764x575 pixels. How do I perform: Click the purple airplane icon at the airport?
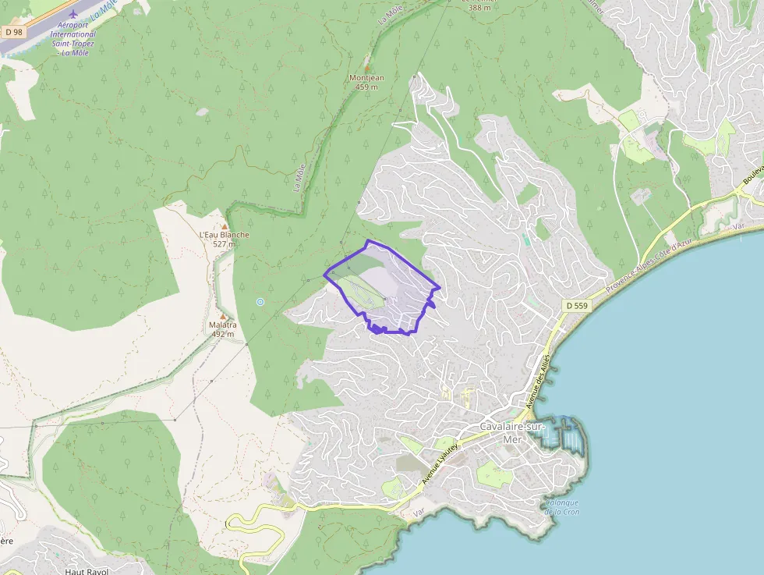[73, 13]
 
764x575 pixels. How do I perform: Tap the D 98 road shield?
[12, 33]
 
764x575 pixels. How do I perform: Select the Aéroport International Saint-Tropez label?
[73, 38]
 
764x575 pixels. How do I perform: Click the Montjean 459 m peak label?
[367, 82]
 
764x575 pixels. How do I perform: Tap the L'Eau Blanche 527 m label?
[225, 239]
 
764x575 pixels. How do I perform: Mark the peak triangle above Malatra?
[223, 315]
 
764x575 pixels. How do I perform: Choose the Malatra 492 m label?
[222, 328]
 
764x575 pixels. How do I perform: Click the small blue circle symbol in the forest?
[260, 302]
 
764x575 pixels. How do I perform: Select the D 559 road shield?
[575, 305]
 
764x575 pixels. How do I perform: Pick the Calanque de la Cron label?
[561, 507]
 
